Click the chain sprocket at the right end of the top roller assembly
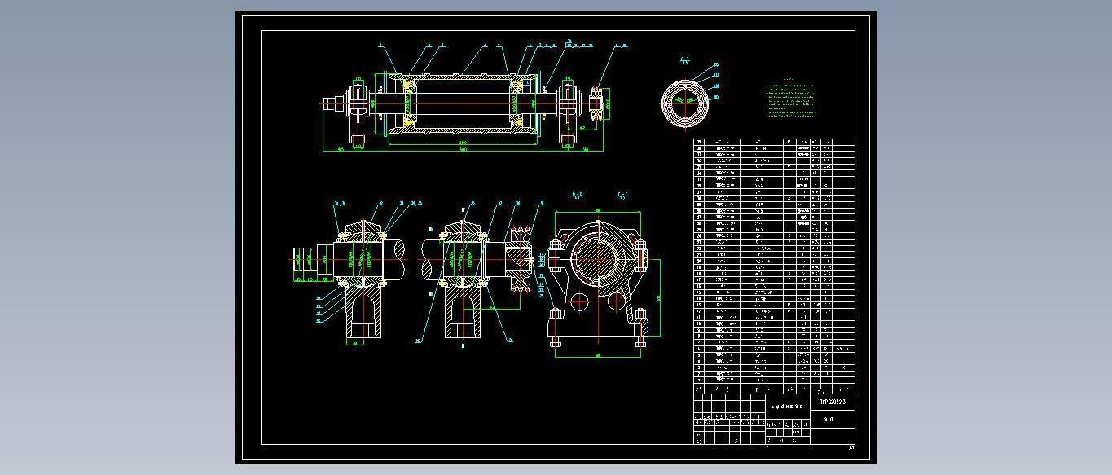point(596,103)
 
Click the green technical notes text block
point(790,99)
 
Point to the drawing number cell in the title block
point(833,402)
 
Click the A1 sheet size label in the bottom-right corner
point(851,447)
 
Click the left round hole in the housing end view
point(579,302)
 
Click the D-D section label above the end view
point(577,196)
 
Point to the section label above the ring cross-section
point(684,60)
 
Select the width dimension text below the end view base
point(598,355)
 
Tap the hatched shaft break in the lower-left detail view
point(400,259)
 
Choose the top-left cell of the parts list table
point(699,142)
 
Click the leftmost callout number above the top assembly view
point(380,46)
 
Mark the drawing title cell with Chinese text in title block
point(787,405)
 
